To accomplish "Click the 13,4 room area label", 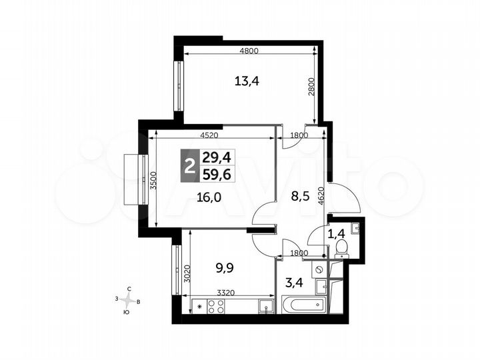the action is (247, 81).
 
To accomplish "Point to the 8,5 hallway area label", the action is (300, 196).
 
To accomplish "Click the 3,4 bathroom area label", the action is (294, 283).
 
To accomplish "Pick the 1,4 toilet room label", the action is (337, 234).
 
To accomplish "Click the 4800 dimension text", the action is (249, 51).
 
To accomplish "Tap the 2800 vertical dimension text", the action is (311, 87).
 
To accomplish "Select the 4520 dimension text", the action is (209, 135).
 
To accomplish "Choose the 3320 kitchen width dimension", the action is (225, 293).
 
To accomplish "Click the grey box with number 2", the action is (190, 166).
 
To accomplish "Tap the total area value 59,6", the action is (217, 175).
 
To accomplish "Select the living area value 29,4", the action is (217, 158).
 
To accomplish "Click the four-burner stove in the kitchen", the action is (216, 307).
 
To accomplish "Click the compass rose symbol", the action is (127, 300).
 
